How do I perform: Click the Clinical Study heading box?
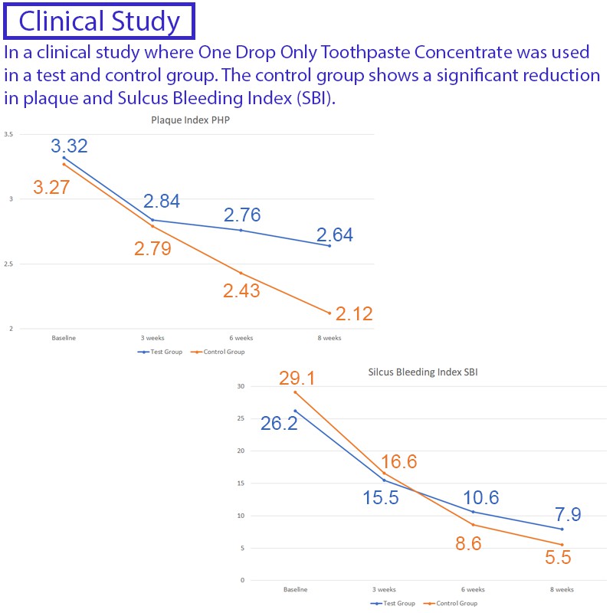(x=100, y=21)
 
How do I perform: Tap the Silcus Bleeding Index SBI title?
(x=424, y=372)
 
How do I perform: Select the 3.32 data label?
(x=70, y=146)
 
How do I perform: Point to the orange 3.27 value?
(x=51, y=186)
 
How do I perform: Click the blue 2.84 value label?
(x=162, y=202)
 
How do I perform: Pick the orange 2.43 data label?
(x=241, y=290)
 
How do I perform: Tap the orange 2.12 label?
(x=353, y=314)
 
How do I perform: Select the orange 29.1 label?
(x=297, y=378)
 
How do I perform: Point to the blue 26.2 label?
(x=278, y=423)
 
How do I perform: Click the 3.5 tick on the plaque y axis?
(x=8, y=135)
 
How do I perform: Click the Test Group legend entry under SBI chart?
(x=393, y=603)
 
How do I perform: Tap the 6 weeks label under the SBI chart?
(x=473, y=589)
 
